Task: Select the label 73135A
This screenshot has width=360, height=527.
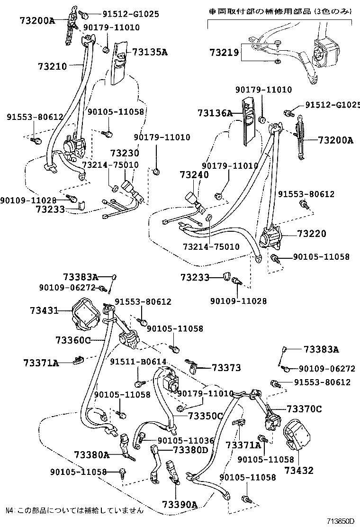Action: coord(150,53)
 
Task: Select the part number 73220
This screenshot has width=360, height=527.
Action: coord(312,234)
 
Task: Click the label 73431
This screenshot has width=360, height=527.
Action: coord(44,310)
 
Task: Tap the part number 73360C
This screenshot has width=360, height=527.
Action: coord(72,339)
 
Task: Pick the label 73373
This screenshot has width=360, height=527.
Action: coord(226,368)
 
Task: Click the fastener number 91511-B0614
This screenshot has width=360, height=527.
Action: coord(138,362)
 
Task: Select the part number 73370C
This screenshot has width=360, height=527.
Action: coord(304,409)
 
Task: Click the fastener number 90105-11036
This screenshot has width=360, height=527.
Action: coord(186,440)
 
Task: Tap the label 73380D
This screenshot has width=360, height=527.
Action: coord(190,450)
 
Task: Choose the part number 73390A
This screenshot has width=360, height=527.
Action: coord(179,504)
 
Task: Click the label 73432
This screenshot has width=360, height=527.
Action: coord(299,471)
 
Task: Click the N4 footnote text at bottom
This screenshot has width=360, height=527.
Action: coord(74,510)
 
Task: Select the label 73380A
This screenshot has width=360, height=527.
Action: coord(91,455)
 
